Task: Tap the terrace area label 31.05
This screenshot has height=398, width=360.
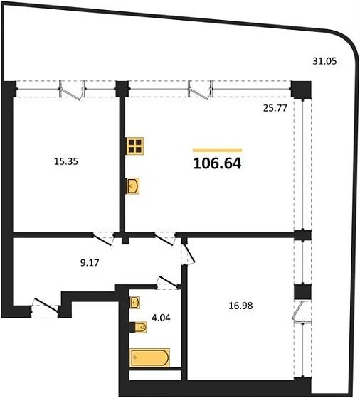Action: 324,62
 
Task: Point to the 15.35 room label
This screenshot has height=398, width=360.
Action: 65,161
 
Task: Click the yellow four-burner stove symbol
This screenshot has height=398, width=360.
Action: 135,146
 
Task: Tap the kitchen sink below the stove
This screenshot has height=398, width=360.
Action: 134,186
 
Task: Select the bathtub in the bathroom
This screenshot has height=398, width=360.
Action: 150,357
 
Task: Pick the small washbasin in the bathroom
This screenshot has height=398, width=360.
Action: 135,303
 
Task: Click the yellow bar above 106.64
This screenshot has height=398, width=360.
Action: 217,150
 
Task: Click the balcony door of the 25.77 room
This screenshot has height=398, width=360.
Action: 200,90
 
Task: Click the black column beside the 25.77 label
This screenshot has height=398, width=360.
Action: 301,90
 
